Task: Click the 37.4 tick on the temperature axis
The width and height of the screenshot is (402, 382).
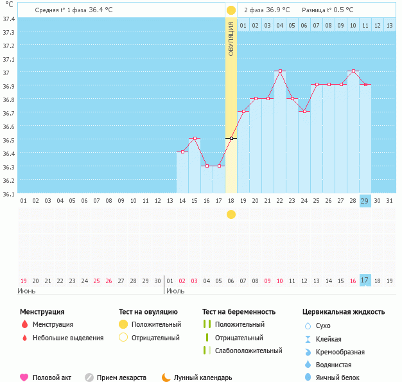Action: [x=8, y=19]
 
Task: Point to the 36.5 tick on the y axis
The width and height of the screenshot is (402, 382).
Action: [x=8, y=140]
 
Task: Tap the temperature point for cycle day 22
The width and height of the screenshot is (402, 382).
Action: [x=279, y=71]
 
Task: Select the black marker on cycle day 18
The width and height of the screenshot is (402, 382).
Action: [x=231, y=138]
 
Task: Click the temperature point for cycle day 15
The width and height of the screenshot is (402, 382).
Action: [x=195, y=138]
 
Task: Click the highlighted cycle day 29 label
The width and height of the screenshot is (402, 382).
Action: [x=365, y=201]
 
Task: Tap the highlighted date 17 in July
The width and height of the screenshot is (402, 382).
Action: [x=365, y=281]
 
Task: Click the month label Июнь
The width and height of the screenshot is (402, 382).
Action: [x=26, y=291]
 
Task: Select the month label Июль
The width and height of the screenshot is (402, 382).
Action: [x=176, y=291]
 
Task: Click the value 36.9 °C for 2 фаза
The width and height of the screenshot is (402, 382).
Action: [x=277, y=10]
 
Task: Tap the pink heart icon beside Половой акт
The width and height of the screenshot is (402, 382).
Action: [x=24, y=378]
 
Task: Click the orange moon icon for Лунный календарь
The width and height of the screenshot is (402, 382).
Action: [x=166, y=378]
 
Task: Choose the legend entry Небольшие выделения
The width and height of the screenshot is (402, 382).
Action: [x=68, y=338]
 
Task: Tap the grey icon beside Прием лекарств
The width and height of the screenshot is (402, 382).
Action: [x=89, y=378]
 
